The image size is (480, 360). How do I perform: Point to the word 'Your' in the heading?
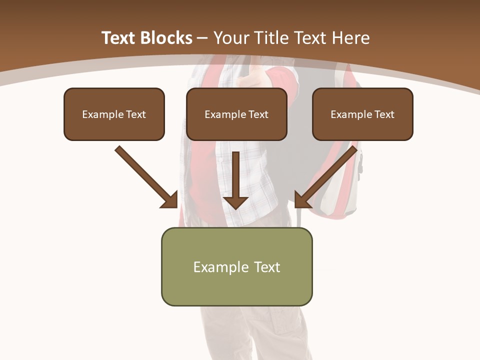pyautogui.click(x=230, y=38)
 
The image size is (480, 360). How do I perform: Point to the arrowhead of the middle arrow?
pyautogui.click(x=235, y=202)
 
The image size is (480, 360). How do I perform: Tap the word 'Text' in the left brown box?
pyautogui.click(x=135, y=114)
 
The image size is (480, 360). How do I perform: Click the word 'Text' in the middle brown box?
pyautogui.click(x=258, y=114)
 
